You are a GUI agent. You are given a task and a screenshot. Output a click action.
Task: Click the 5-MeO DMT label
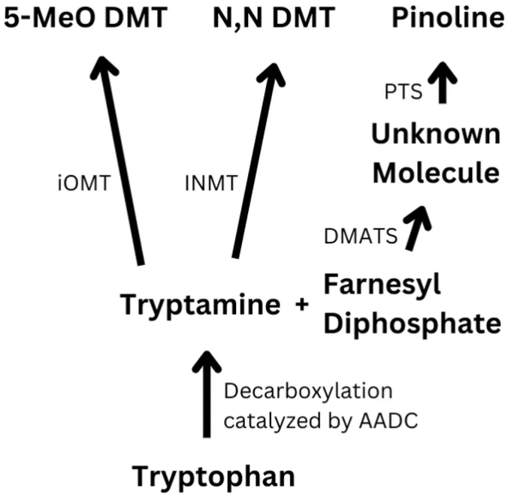click(x=85, y=17)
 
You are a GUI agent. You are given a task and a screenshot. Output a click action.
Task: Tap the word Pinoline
click(x=448, y=17)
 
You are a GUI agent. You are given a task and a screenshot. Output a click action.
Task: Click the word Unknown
click(x=436, y=134)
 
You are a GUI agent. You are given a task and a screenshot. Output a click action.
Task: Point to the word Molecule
click(x=436, y=173)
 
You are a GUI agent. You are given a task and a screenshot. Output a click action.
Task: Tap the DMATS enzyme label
click(x=360, y=236)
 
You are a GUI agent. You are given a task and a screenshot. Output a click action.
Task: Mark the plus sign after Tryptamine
click(x=303, y=306)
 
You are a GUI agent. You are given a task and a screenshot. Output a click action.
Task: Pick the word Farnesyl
click(x=382, y=285)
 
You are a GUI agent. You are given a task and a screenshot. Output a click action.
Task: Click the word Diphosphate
click(x=412, y=324)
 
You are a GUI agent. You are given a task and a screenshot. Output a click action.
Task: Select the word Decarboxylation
click(x=308, y=391)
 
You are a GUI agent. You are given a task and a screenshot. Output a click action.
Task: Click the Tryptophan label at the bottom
click(x=213, y=476)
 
